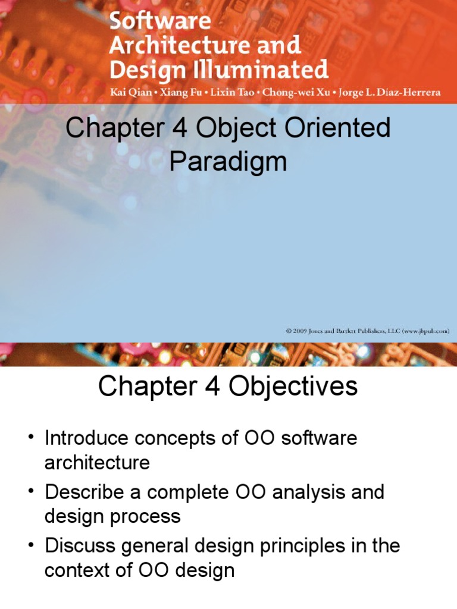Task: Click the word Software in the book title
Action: [x=161, y=22]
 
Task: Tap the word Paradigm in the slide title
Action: [x=228, y=162]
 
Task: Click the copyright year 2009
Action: [x=298, y=331]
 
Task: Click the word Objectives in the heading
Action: [x=290, y=387]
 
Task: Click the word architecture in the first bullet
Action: [x=97, y=463]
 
